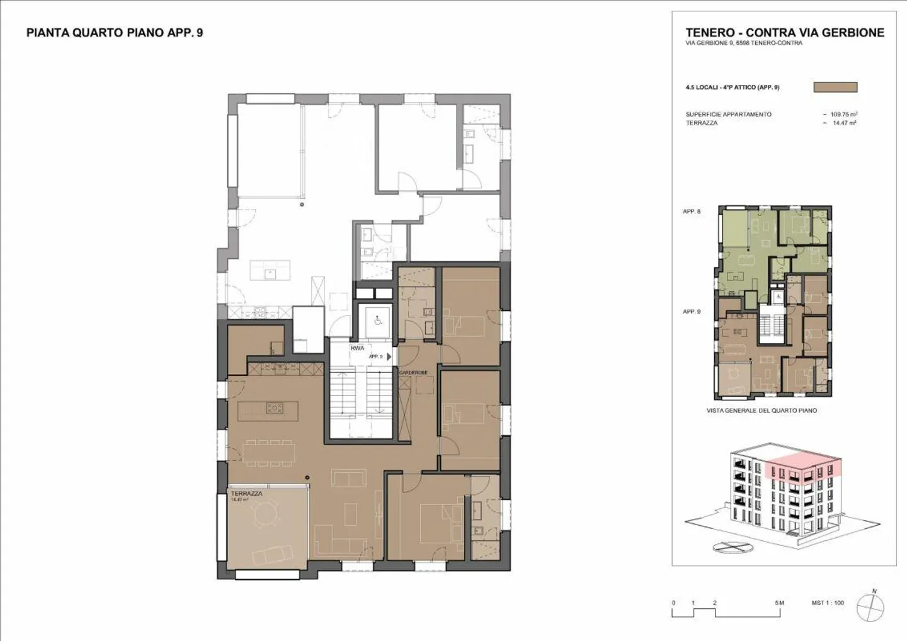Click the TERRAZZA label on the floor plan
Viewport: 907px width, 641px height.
pyautogui.click(x=246, y=494)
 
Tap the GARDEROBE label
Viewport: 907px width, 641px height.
pyautogui.click(x=413, y=373)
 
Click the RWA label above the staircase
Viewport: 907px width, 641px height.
pyautogui.click(x=357, y=348)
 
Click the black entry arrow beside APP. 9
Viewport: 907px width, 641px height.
pyautogui.click(x=389, y=356)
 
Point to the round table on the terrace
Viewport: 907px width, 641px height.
pyautogui.click(x=262, y=516)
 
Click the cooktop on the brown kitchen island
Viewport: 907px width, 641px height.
pyautogui.click(x=275, y=408)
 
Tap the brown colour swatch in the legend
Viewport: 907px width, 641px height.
pyautogui.click(x=835, y=88)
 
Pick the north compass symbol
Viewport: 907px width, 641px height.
pyautogui.click(x=872, y=605)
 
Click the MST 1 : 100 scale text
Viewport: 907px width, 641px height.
pyautogui.click(x=828, y=603)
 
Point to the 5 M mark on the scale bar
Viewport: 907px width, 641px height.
pyautogui.click(x=779, y=603)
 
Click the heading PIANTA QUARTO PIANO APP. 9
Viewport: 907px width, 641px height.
pyautogui.click(x=115, y=33)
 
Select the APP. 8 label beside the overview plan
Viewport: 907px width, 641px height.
pyautogui.click(x=692, y=212)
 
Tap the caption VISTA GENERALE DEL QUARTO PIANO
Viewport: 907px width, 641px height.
pyautogui.click(x=762, y=411)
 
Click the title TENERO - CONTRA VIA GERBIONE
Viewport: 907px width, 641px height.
pyautogui.click(x=785, y=33)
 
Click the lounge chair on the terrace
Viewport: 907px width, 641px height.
pyautogui.click(x=272, y=554)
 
